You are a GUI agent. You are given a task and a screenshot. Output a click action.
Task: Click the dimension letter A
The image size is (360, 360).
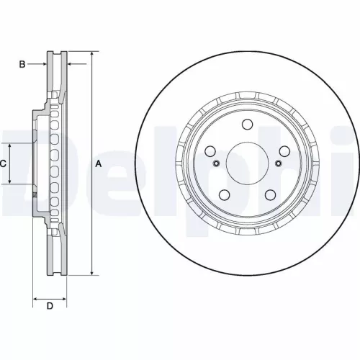click(99, 164)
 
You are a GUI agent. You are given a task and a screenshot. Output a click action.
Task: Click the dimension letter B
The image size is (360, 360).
click(22, 65)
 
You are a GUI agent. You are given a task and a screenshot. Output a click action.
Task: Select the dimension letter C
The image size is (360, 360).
click(4, 164)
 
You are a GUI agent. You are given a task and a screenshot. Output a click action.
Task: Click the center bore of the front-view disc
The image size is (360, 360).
click(246, 164)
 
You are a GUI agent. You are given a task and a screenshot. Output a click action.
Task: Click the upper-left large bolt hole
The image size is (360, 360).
click(211, 151)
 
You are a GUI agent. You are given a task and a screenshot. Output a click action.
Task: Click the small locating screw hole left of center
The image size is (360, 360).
click(215, 165)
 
